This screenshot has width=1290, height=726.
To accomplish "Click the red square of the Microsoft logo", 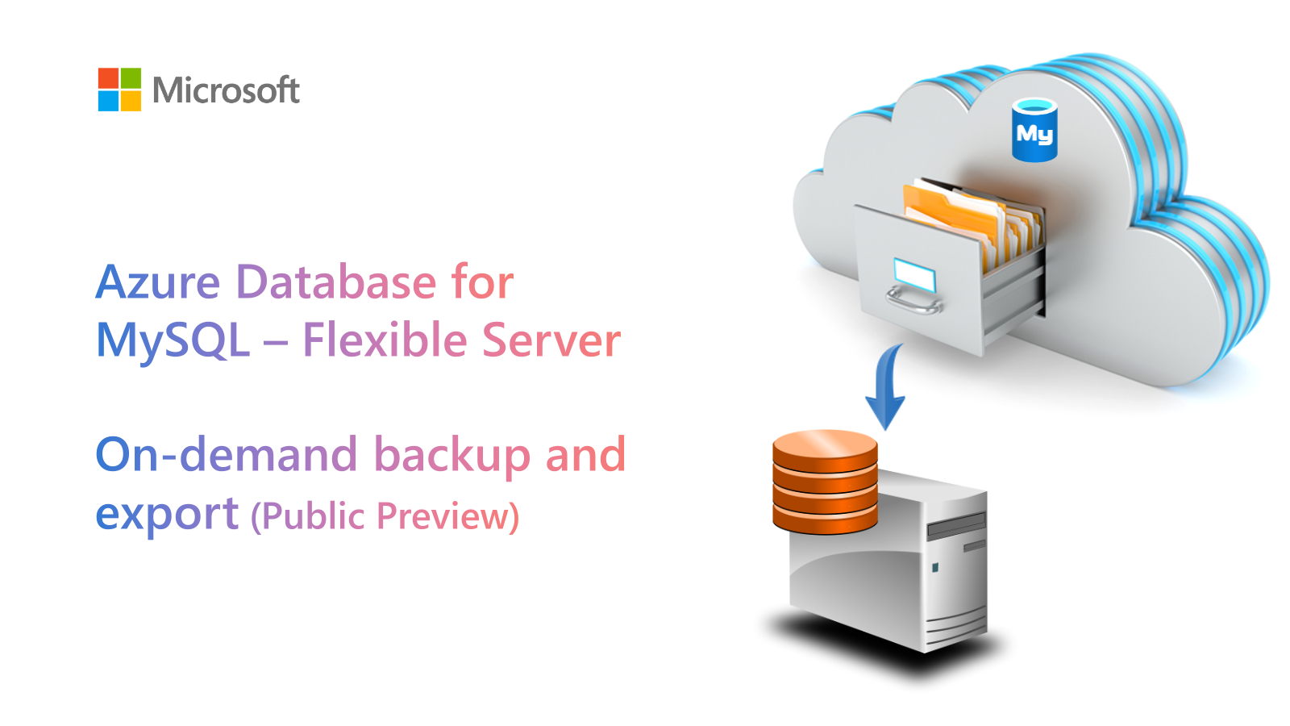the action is click(x=108, y=77).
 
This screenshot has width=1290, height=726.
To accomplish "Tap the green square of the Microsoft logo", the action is click(x=131, y=77).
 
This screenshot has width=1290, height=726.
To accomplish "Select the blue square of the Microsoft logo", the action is click(x=108, y=100).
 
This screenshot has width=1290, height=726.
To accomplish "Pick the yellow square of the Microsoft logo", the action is click(x=131, y=100).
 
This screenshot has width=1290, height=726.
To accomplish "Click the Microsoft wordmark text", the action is click(x=227, y=90).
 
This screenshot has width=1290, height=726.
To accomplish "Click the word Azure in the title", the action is click(x=158, y=282).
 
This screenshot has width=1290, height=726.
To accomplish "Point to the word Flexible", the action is click(x=385, y=339).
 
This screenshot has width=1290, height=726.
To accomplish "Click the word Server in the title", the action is click(x=551, y=340).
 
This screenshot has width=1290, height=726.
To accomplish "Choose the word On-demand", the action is click(x=227, y=453).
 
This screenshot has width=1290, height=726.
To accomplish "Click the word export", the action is click(x=167, y=514).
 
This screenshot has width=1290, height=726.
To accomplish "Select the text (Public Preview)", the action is click(x=385, y=516).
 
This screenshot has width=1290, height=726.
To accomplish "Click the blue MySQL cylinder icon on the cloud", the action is click(x=1034, y=130).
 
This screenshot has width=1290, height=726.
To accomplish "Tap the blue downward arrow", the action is click(x=886, y=386).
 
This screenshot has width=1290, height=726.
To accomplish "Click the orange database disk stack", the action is click(x=825, y=482).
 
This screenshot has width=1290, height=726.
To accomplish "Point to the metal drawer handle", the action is click(x=913, y=300).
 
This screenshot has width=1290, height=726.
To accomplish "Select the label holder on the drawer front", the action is click(x=914, y=275).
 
